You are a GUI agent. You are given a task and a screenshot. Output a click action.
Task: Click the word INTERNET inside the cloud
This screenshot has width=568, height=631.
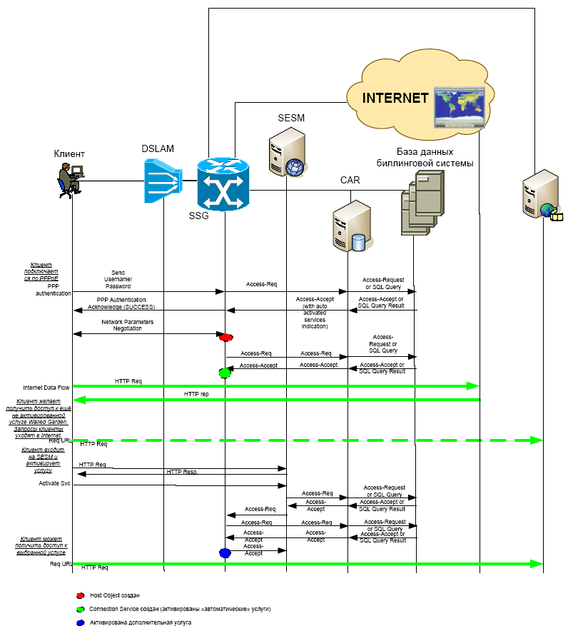(x=395, y=99)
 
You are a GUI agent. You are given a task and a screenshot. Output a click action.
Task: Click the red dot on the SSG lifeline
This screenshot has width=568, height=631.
(x=226, y=337)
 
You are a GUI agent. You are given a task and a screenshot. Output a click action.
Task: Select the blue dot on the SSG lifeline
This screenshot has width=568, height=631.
(x=225, y=552)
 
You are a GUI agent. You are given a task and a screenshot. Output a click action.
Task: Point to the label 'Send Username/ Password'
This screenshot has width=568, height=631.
(x=118, y=279)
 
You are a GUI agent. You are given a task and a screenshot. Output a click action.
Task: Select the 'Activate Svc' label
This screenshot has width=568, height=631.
(x=54, y=483)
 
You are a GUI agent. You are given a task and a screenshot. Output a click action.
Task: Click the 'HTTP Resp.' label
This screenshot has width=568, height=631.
(x=182, y=472)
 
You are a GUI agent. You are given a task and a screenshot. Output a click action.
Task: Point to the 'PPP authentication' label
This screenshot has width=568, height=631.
(x=54, y=290)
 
